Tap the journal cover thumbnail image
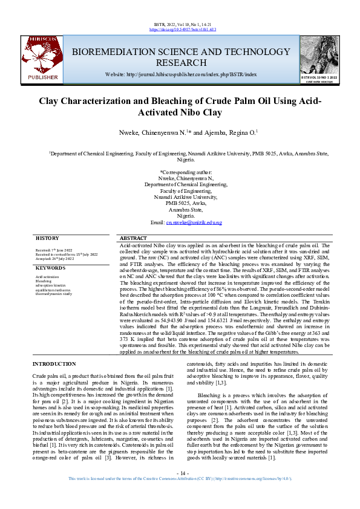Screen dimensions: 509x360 click(x=319, y=55)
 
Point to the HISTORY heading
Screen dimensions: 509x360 click(x=47, y=239)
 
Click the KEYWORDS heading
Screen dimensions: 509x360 click(x=50, y=267)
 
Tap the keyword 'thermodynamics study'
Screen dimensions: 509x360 click(x=54, y=294)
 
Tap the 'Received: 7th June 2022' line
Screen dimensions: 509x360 click(x=54, y=249)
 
